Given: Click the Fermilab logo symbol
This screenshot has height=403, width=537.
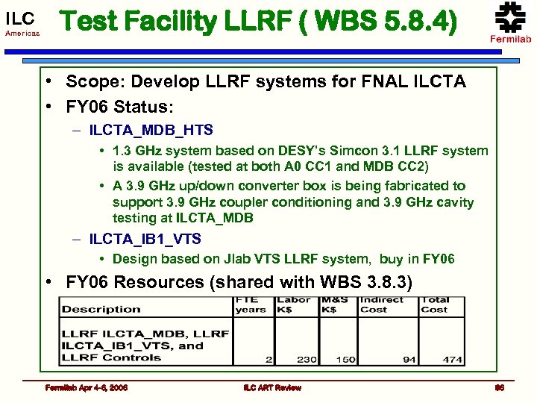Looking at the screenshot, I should pos(511,16).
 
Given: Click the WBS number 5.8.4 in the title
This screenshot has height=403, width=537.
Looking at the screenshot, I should pos(413,22).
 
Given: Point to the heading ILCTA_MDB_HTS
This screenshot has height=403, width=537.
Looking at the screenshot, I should pos(151,130).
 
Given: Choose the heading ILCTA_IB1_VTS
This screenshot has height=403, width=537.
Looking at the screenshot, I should pos(145,240).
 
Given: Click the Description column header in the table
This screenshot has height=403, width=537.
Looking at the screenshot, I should pos(101,309).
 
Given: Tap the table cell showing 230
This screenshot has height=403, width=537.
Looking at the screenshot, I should pos(306,359).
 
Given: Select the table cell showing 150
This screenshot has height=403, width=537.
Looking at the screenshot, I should pos(345,359).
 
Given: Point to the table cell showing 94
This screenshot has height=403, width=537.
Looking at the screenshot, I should pos(409,359).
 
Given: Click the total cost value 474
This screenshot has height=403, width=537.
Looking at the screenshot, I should pos(452,359).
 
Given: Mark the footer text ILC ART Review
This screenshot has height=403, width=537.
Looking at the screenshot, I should pos(272,388).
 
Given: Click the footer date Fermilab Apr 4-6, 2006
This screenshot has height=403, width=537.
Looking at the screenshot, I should pos(86,388).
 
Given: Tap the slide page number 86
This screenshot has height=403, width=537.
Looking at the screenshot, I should pos(500,388).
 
